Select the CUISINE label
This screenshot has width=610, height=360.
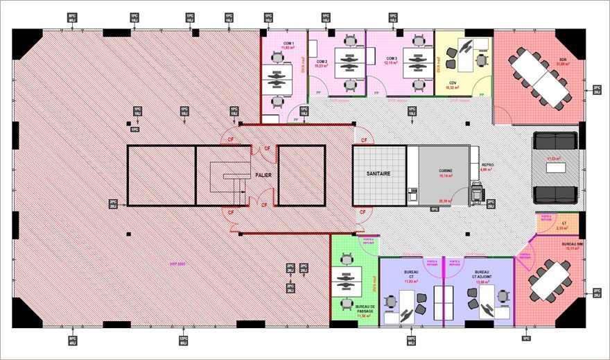(x=446, y=170)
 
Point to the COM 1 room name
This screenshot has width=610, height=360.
(x=288, y=42)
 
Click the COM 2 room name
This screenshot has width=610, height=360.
(x=322, y=62)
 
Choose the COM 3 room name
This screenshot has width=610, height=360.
(x=392, y=58)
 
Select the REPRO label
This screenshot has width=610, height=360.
(x=487, y=165)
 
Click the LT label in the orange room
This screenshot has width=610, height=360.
(x=565, y=222)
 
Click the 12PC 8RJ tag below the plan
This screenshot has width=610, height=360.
(x=184, y=340)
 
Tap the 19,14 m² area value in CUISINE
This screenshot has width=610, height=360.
(x=446, y=176)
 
